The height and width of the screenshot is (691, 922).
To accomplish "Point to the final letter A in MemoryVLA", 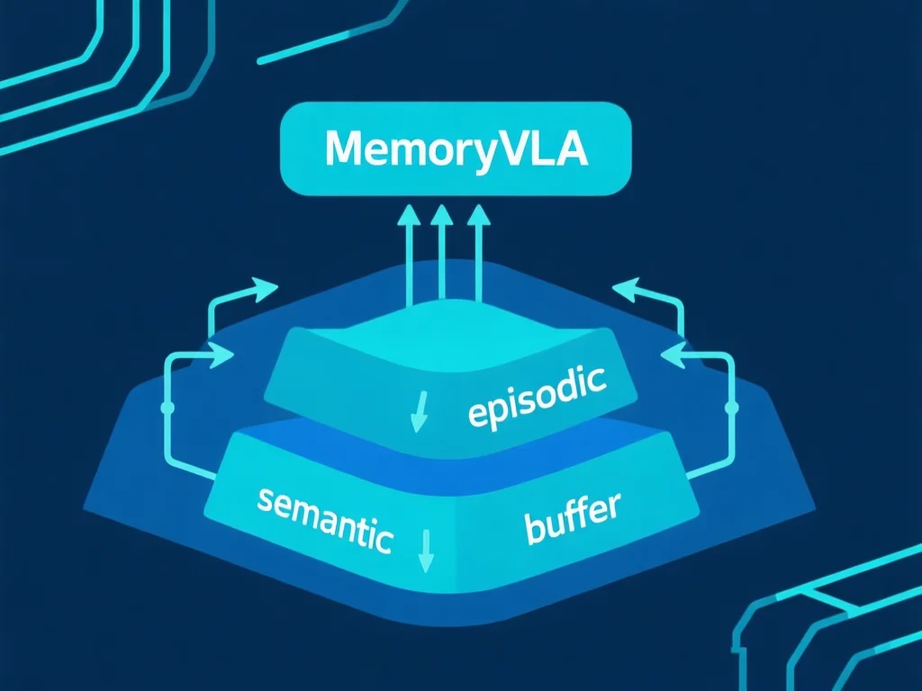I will pyautogui.click(x=571, y=149).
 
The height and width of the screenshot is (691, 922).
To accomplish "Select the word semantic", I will pyautogui.click(x=324, y=519).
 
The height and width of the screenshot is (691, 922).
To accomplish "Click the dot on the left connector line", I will pyautogui.click(x=167, y=408).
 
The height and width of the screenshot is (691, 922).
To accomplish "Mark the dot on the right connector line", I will pyautogui.click(x=731, y=408).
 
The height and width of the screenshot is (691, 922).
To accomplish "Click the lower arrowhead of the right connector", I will pyautogui.click(x=672, y=356).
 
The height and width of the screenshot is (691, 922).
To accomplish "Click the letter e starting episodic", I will pyautogui.click(x=477, y=413).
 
